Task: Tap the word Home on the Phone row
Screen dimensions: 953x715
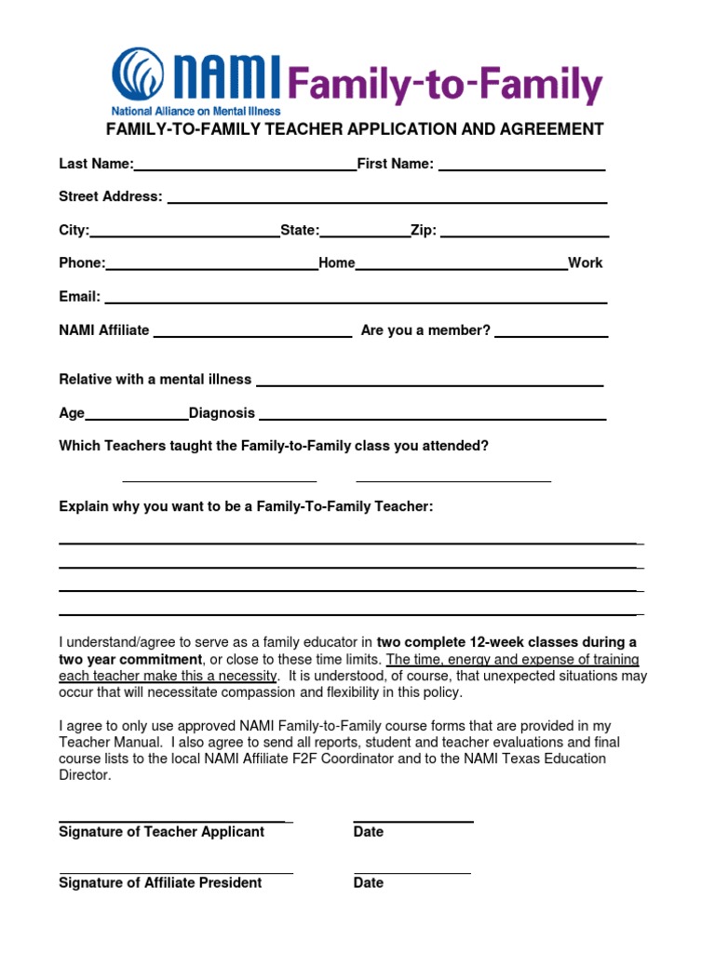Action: click(337, 263)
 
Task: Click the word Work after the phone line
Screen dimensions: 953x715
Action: click(586, 263)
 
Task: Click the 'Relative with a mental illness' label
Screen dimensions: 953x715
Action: click(155, 380)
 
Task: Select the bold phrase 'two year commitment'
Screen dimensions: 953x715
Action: click(129, 659)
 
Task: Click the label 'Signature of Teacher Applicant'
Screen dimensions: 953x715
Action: click(162, 832)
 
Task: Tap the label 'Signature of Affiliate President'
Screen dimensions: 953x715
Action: click(160, 882)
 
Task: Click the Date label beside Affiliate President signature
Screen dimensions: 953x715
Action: click(369, 882)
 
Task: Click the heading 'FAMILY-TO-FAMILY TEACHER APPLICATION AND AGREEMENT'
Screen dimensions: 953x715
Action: click(355, 129)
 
